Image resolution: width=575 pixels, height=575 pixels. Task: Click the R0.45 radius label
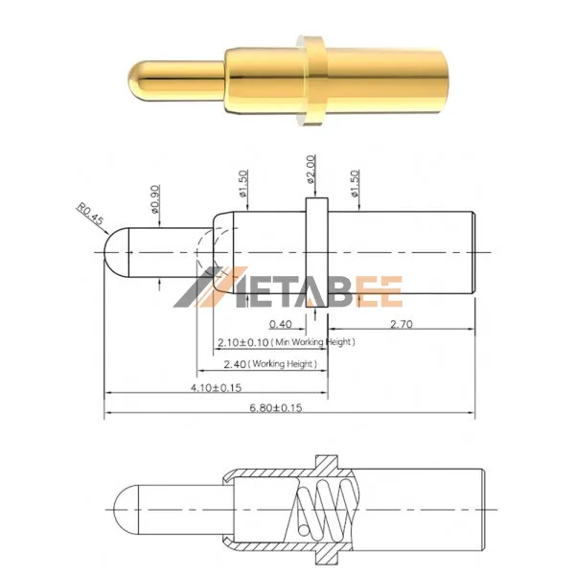(90, 214)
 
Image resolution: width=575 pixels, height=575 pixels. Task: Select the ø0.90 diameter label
(155, 199)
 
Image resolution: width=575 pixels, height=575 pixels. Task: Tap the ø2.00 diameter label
(310, 169)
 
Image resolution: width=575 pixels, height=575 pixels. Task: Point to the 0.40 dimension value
(281, 324)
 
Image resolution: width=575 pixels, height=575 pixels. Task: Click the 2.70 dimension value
(402, 324)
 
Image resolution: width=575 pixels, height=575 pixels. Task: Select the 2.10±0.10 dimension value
(243, 342)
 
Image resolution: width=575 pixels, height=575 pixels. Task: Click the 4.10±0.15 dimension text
(216, 387)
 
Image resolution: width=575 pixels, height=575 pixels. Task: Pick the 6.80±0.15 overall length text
(276, 408)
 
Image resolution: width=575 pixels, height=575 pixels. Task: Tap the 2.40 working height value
(235, 364)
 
